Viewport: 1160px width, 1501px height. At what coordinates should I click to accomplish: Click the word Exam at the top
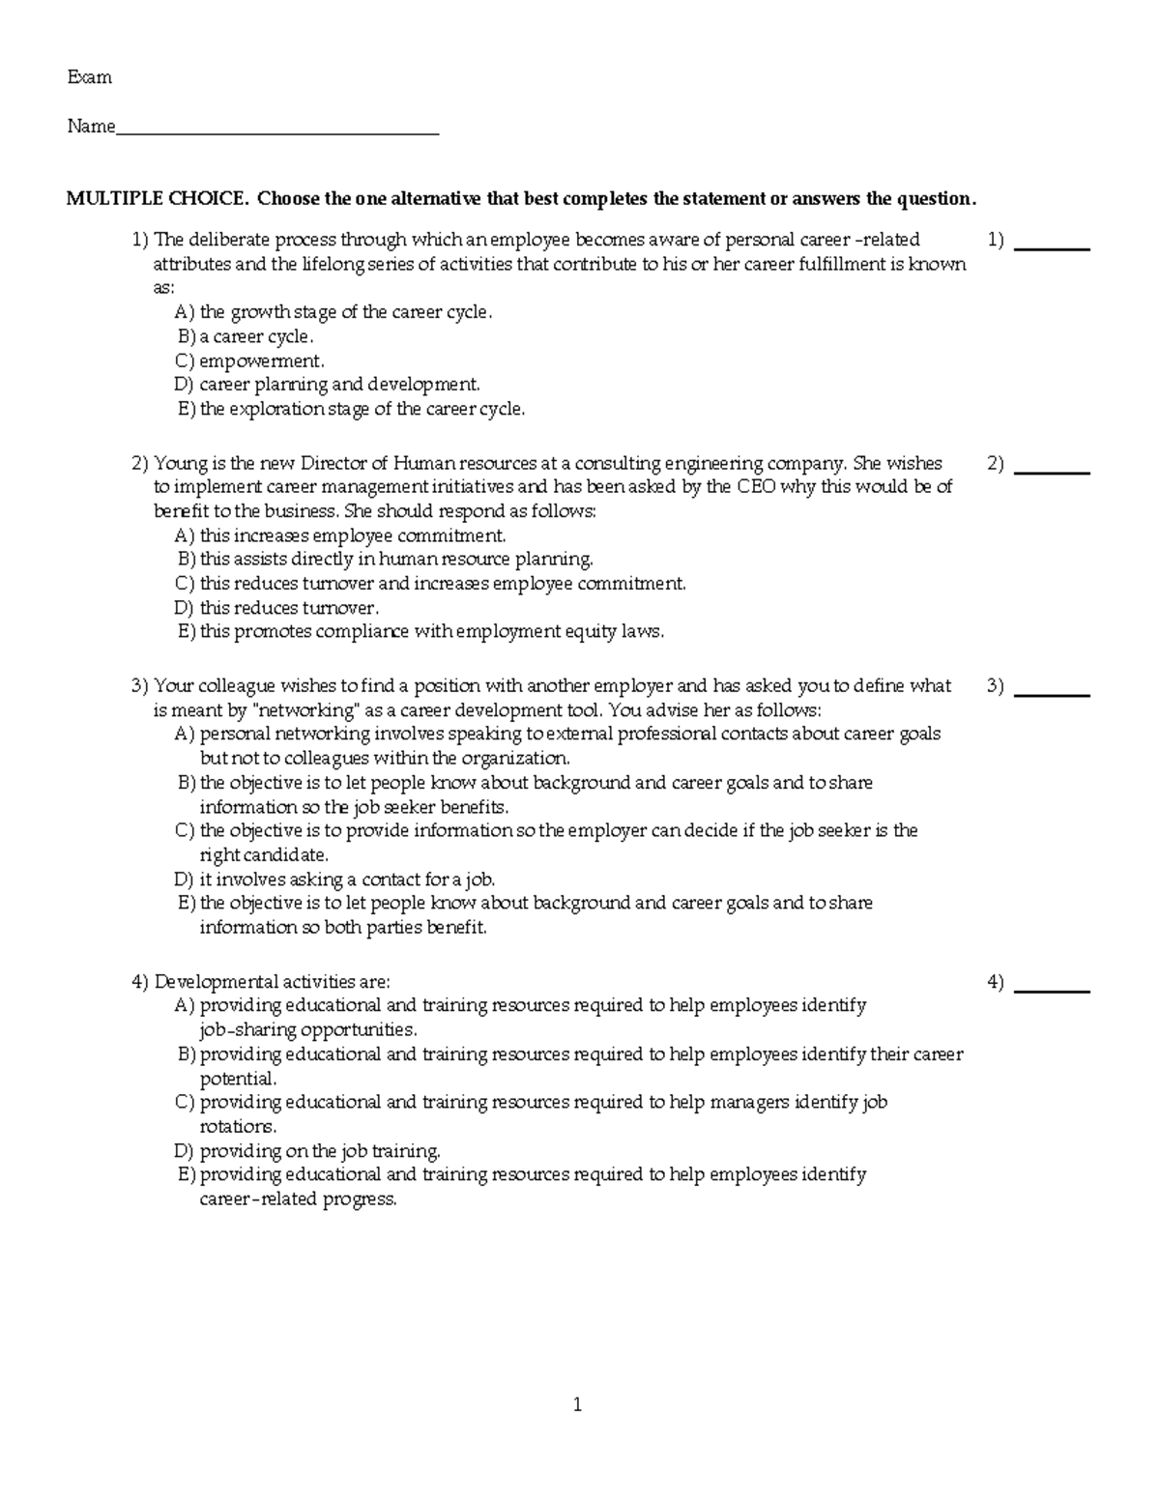(89, 77)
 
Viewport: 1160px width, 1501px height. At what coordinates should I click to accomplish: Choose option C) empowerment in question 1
(249, 361)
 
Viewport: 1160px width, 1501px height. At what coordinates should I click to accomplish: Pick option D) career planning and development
(327, 385)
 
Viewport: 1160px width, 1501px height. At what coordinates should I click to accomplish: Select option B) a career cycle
(246, 336)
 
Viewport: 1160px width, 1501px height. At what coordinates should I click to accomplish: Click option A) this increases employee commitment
(340, 535)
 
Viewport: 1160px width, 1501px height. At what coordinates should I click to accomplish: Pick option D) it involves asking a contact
(334, 880)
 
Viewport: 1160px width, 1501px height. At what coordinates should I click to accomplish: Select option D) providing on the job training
(307, 1151)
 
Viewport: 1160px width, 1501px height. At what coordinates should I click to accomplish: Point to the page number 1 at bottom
(577, 1405)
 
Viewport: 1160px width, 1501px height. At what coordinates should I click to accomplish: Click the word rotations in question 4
(237, 1127)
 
